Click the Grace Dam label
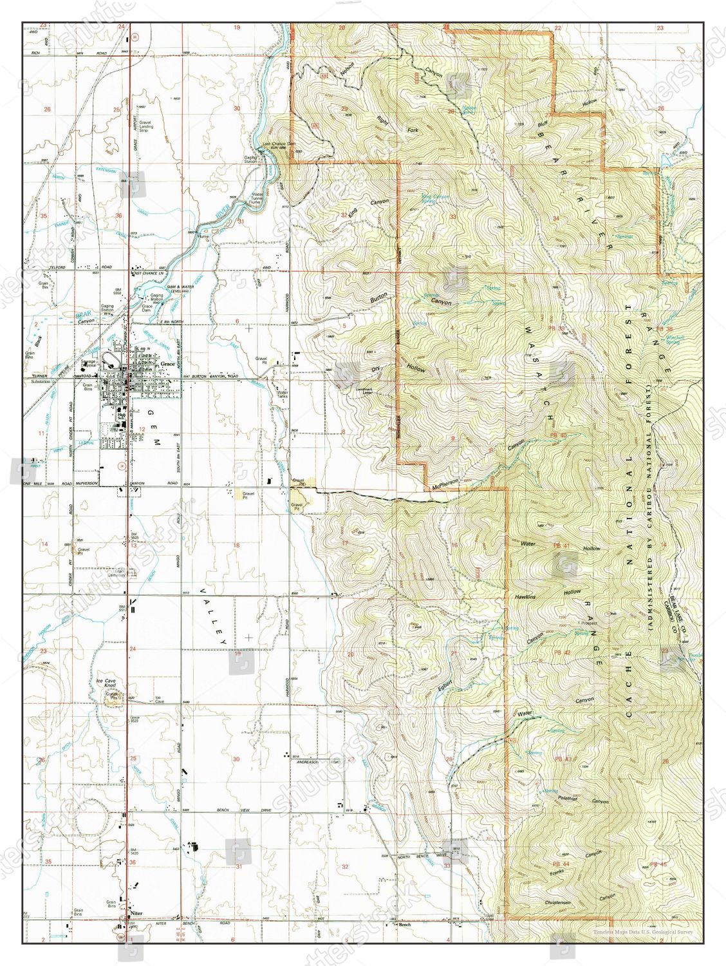147,307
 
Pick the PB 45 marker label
659,864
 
